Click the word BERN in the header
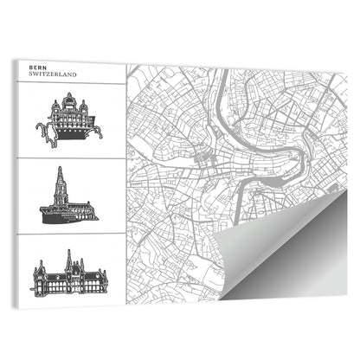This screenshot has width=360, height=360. coord(38,67)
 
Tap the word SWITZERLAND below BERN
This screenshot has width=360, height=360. coord(53,75)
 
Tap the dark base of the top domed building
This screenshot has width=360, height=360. coord(68,132)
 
